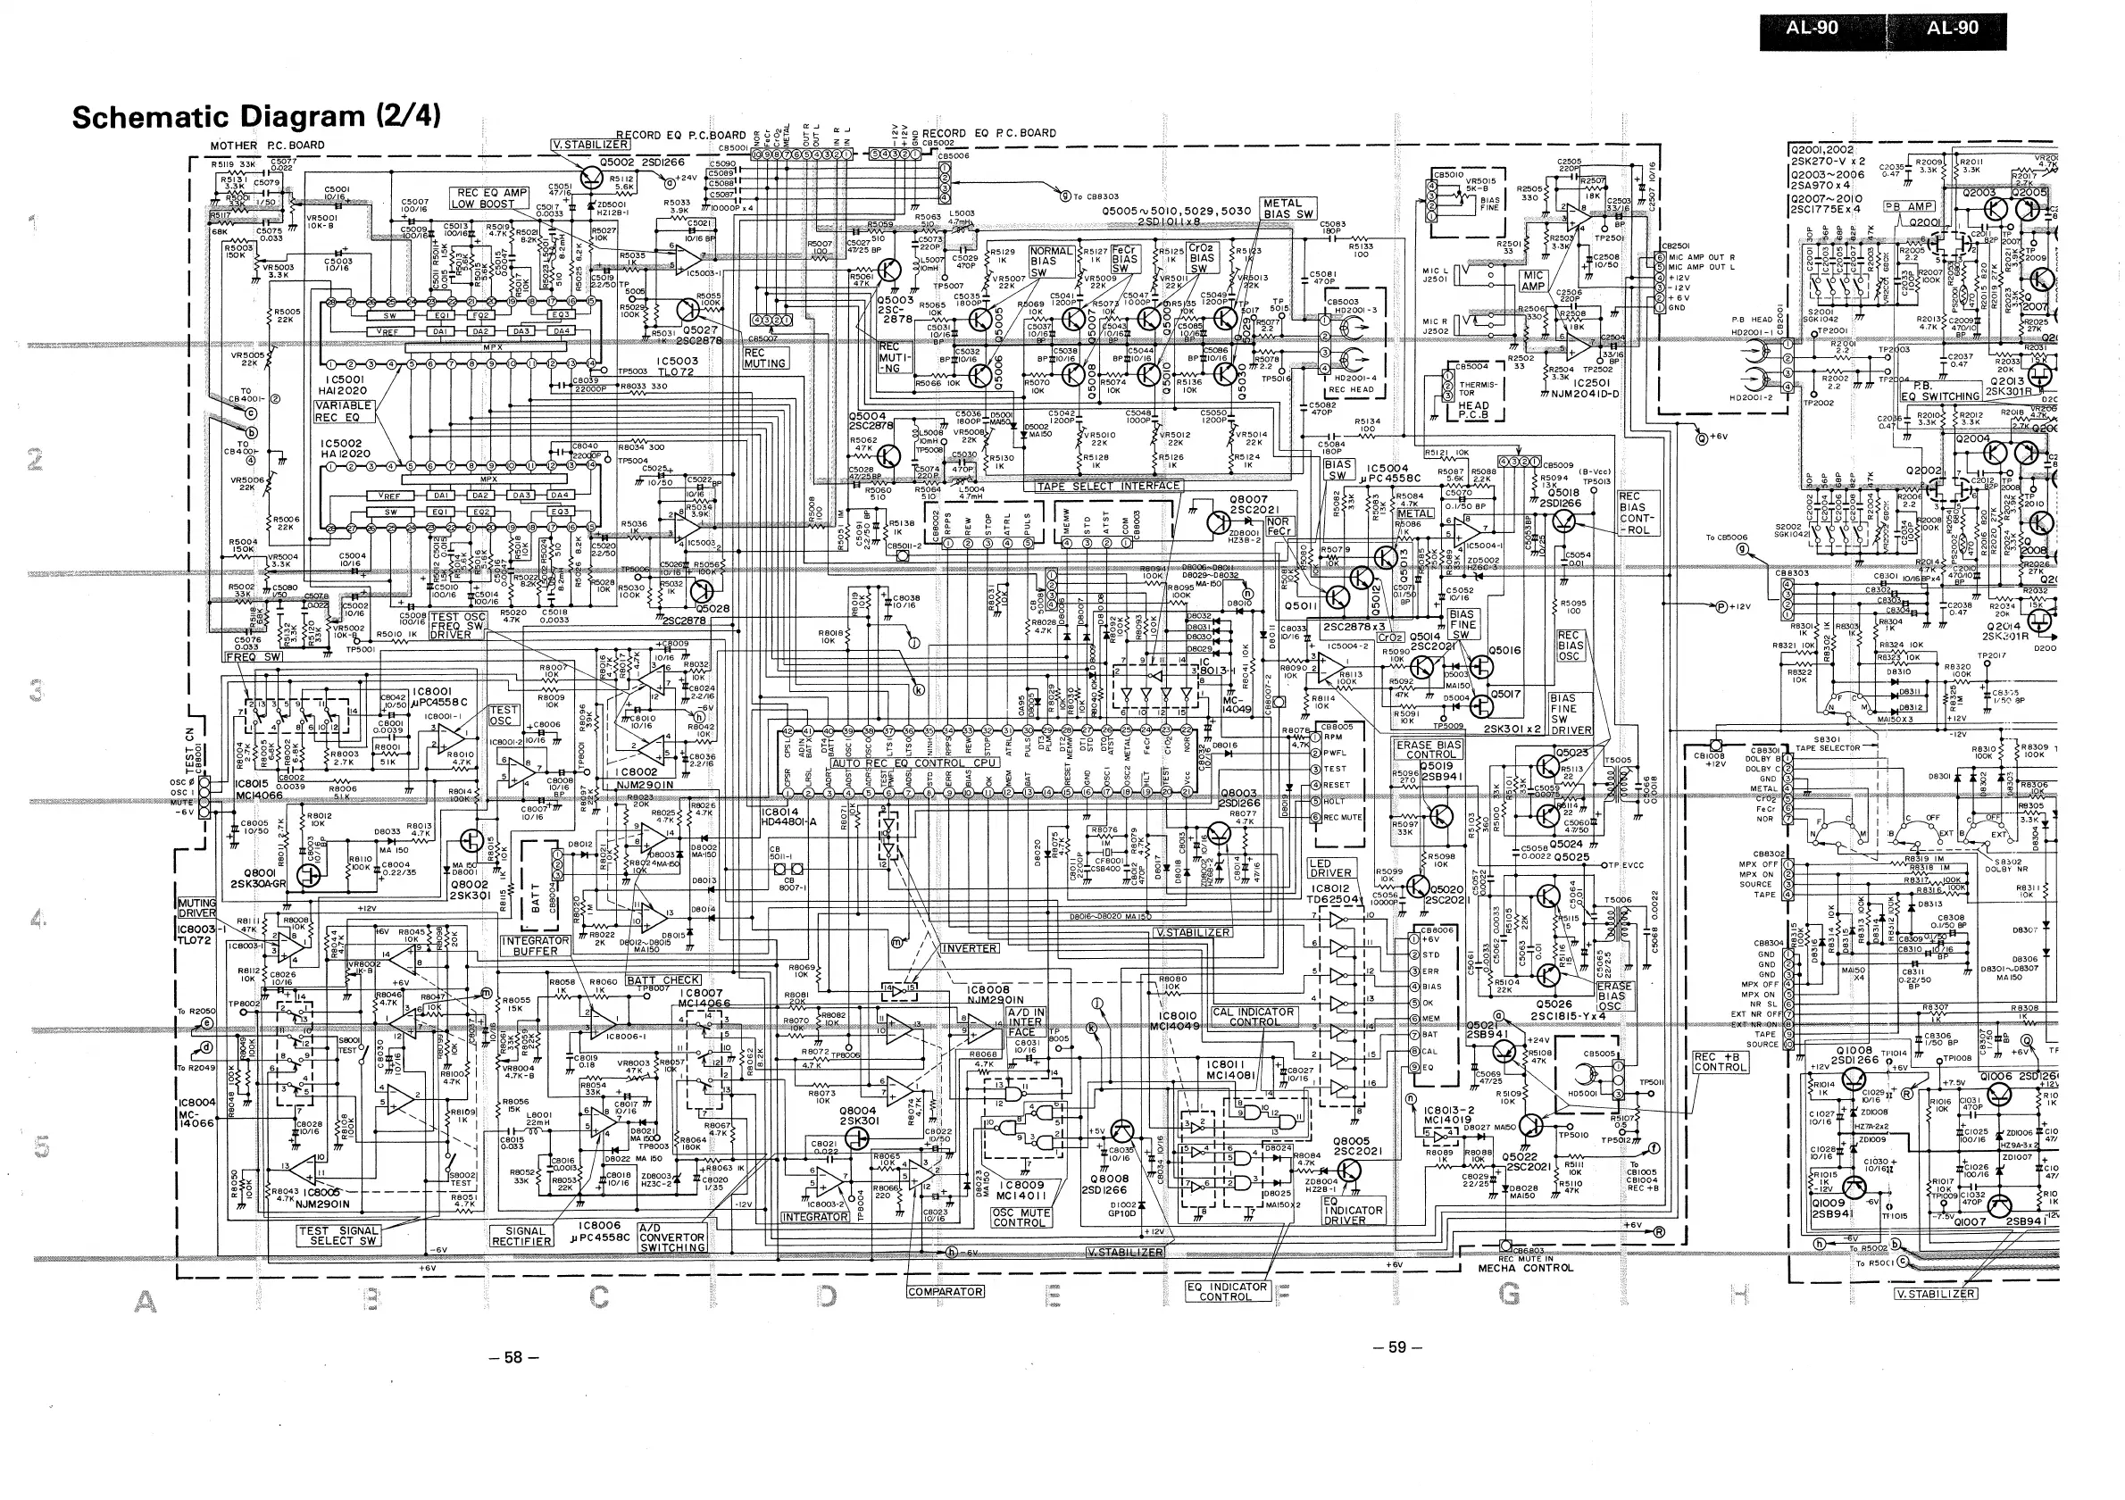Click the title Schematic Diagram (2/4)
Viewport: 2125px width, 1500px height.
(x=255, y=117)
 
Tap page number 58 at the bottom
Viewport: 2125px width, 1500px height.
(x=512, y=1357)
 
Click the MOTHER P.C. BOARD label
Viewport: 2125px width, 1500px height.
(x=267, y=146)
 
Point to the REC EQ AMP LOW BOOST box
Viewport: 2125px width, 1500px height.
(x=489, y=198)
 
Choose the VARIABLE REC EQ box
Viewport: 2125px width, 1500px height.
(x=344, y=412)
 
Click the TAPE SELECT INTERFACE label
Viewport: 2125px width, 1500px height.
(x=1108, y=486)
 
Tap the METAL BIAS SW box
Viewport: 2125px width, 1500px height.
(x=1287, y=209)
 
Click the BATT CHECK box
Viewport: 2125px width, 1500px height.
(x=662, y=980)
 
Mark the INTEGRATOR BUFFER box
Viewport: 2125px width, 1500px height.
(x=535, y=946)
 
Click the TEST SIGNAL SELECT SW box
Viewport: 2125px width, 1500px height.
(x=338, y=1237)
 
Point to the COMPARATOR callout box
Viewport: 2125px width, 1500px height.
(x=945, y=1292)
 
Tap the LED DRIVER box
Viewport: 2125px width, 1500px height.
(x=1330, y=868)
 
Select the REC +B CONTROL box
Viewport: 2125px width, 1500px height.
(x=1720, y=1062)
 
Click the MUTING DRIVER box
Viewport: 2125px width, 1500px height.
(x=196, y=908)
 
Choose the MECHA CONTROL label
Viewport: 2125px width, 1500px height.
(x=1524, y=1268)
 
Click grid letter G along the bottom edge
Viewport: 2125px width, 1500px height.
(x=1510, y=1296)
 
